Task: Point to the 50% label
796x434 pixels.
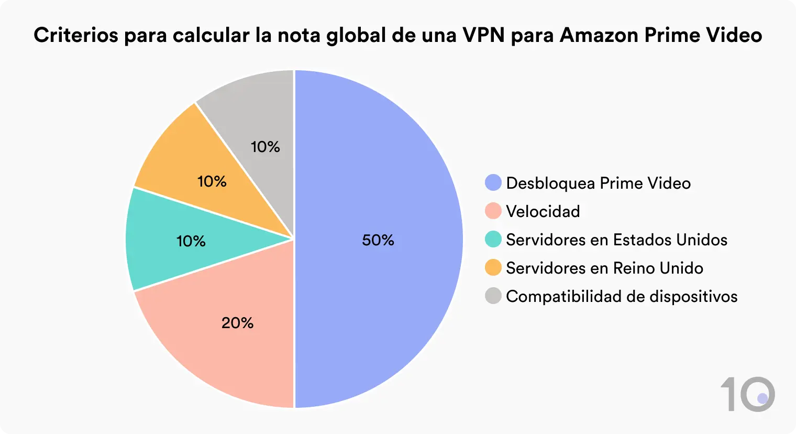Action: click(378, 240)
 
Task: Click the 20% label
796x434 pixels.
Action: click(237, 323)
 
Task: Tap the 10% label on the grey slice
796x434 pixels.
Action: click(266, 147)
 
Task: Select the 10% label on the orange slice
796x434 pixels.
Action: click(212, 181)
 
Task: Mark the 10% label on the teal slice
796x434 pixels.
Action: click(191, 241)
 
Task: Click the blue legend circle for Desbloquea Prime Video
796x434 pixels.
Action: click(493, 183)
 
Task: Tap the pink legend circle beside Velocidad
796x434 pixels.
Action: click(493, 211)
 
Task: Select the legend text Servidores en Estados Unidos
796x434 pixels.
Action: click(616, 240)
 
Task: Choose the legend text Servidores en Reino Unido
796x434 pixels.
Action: click(604, 268)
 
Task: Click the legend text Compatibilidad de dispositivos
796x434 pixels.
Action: click(622, 296)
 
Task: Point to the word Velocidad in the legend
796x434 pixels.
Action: click(543, 211)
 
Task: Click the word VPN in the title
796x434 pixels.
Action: click(483, 35)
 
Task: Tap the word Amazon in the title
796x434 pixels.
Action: click(599, 35)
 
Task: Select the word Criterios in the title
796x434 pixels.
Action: click(75, 35)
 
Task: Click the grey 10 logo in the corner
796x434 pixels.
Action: click(748, 394)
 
